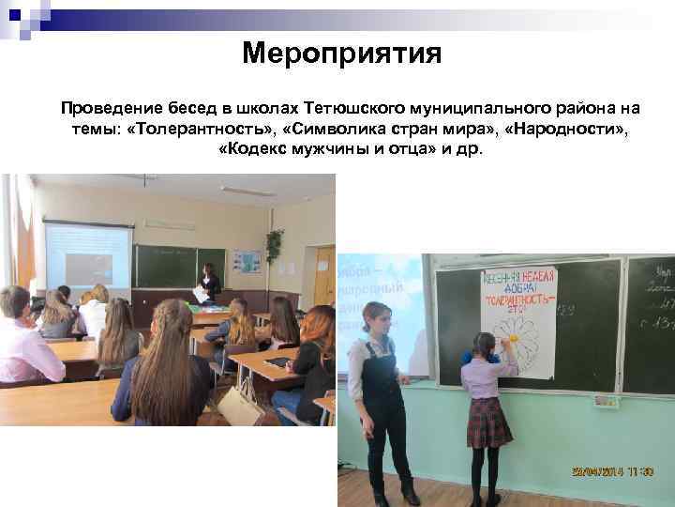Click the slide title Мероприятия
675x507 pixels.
[x=341, y=53]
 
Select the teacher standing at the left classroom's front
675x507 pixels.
[x=210, y=282]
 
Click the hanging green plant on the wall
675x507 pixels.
[x=275, y=245]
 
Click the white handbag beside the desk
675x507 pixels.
[x=237, y=406]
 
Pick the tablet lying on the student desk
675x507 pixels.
[x=278, y=361]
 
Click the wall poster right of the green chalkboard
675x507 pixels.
[x=247, y=260]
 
